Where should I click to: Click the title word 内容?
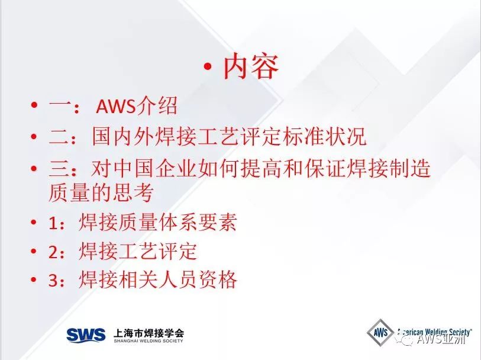pos(251,66)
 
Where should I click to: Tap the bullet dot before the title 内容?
pos(208,66)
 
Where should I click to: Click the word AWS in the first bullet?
pos(115,107)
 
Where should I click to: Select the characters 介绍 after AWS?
pos(156,106)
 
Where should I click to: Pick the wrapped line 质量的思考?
pos(101,193)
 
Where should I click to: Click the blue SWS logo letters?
pos(86,335)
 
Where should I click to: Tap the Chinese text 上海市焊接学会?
pos(149,332)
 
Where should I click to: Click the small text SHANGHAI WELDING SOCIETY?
pos(149,340)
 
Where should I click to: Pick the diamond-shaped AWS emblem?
pos(380,333)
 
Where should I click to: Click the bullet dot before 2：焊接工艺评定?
pos(34,252)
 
